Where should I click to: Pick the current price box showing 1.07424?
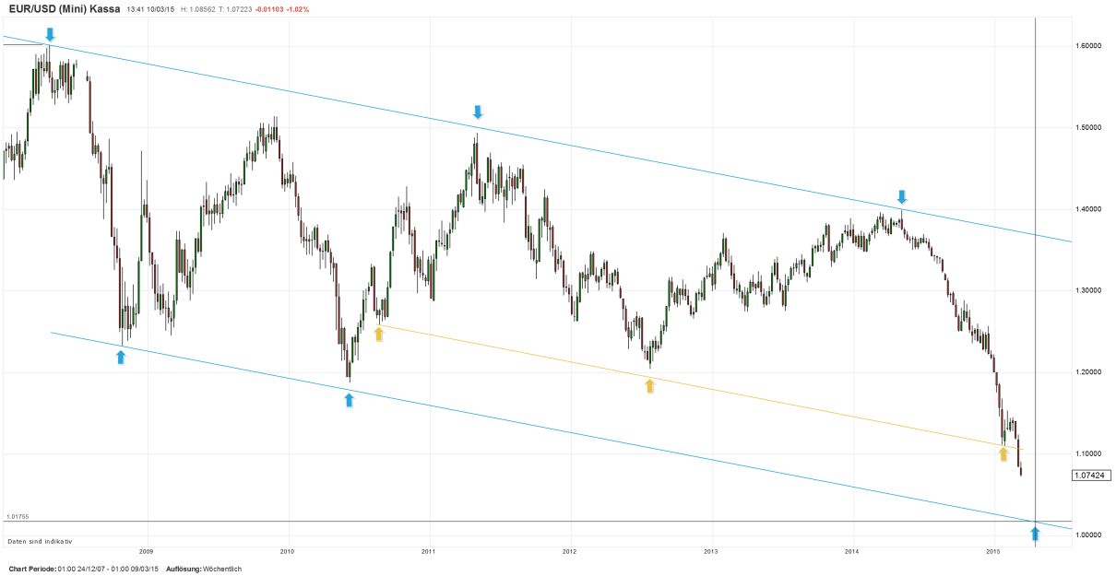click(1091, 476)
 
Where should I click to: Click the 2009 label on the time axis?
click(146, 551)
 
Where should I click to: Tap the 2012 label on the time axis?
click(569, 551)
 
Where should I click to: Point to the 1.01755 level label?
click(18, 517)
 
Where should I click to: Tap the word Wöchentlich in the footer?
click(222, 569)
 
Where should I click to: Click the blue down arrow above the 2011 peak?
click(477, 112)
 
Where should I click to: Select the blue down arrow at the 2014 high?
click(902, 196)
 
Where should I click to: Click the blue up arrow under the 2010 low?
click(349, 399)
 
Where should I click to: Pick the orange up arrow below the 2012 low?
click(650, 386)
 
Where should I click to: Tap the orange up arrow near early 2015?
click(1003, 453)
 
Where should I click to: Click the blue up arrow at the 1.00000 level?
click(1035, 533)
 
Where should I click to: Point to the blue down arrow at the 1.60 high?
click(50, 34)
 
